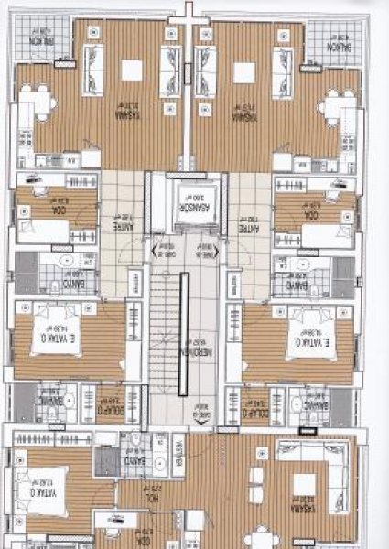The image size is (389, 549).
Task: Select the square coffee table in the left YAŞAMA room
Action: [132, 72]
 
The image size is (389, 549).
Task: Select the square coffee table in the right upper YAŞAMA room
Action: [245, 72]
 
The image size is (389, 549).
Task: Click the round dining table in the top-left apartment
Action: [37, 103]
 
